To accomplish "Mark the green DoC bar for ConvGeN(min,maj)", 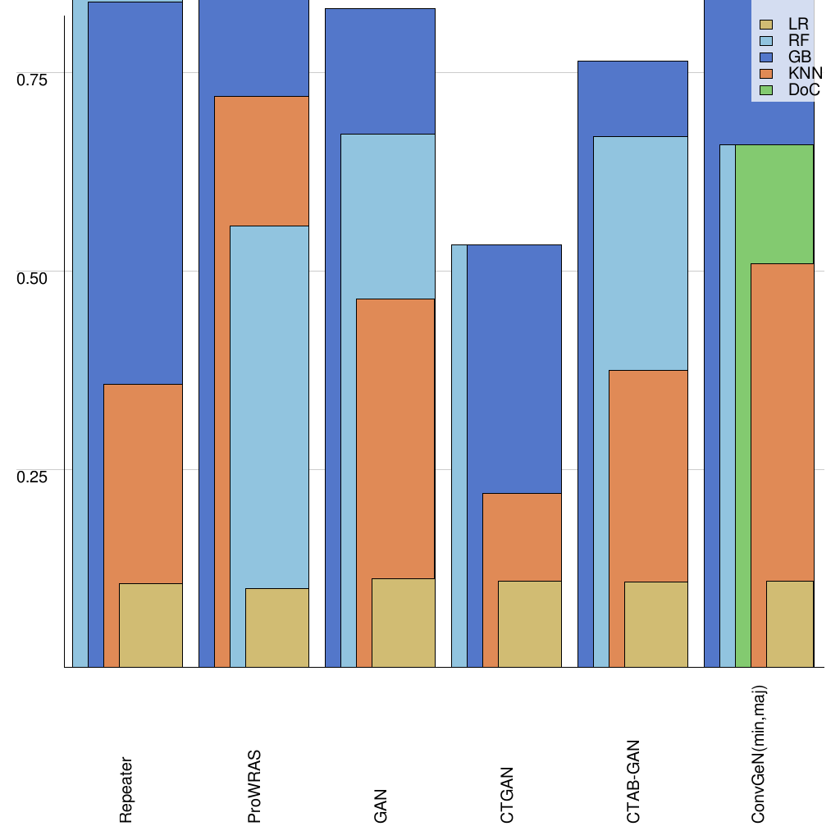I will point(774,204).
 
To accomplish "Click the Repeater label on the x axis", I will point(126,789).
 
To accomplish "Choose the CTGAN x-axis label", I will point(507,794).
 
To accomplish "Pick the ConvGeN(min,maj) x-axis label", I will point(760,755).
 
